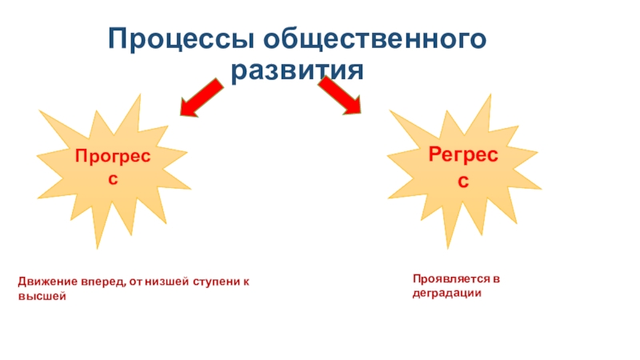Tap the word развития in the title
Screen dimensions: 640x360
[298, 71]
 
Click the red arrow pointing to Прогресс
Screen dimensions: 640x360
[201, 97]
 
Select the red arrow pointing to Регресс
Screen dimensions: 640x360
[340, 96]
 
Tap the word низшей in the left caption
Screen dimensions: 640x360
[160, 283]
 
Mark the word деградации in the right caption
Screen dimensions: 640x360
[446, 293]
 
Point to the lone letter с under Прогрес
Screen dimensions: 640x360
[113, 179]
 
